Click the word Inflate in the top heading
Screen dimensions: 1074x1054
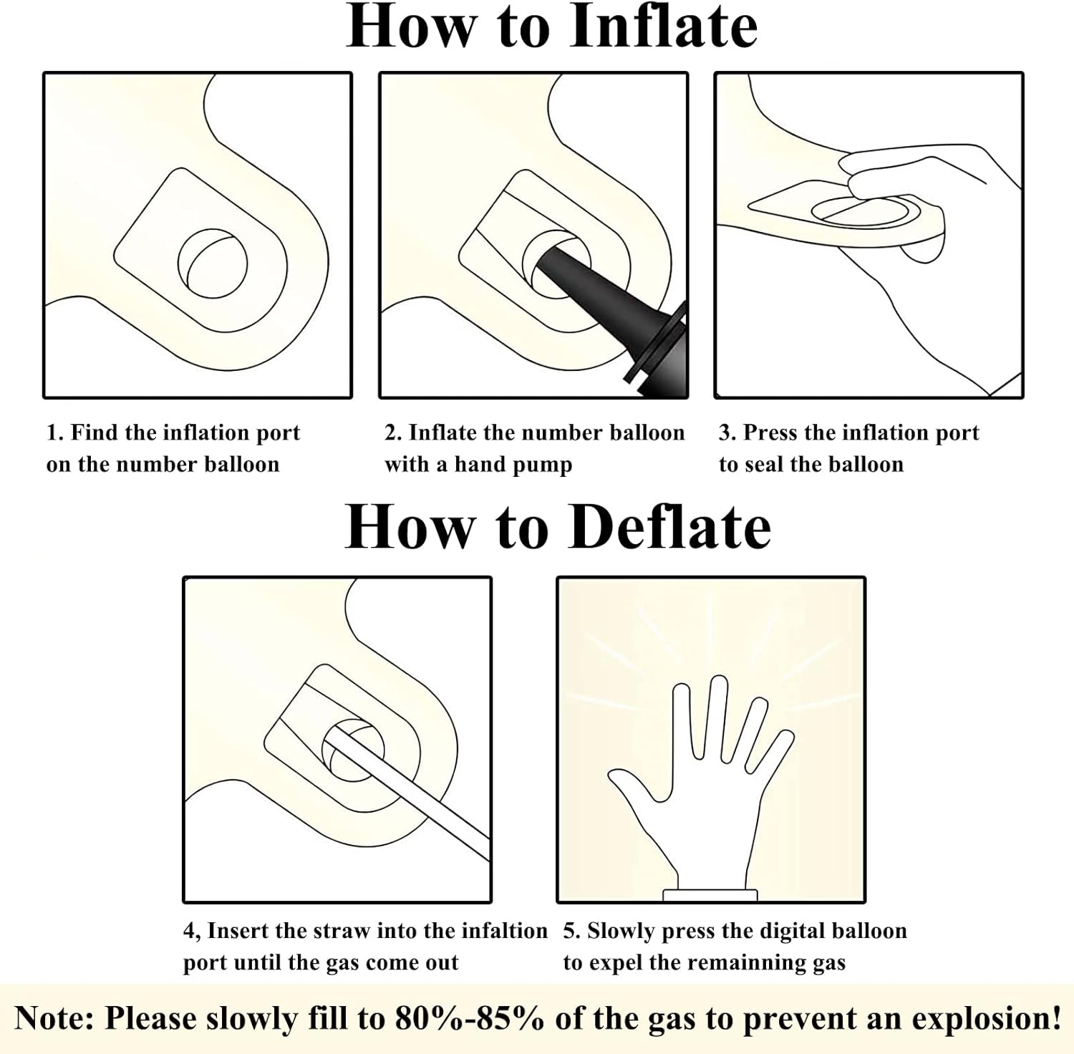pos(664,26)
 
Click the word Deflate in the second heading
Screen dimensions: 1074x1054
pos(672,527)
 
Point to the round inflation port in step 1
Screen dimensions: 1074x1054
pos(213,262)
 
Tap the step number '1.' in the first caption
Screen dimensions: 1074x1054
pos(55,432)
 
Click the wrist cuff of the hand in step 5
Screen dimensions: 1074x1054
pos(710,894)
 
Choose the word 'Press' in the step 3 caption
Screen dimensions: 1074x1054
pos(771,432)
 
